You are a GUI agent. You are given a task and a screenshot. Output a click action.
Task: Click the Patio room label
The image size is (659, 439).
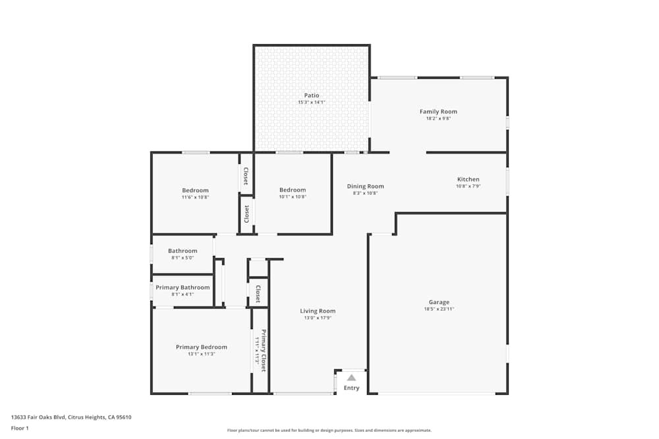coord(312,95)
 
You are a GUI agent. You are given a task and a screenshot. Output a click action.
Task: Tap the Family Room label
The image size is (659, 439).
coord(438,112)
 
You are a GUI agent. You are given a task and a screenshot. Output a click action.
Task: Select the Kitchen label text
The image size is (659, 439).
coord(469,179)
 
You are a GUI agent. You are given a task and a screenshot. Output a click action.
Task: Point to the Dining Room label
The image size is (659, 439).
coord(365,186)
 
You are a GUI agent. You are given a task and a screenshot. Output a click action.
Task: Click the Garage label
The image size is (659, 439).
coord(439,302)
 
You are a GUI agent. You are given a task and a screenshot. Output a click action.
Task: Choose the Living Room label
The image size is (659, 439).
coord(318,311)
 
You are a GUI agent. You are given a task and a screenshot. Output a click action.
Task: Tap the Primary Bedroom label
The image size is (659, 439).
coord(201,347)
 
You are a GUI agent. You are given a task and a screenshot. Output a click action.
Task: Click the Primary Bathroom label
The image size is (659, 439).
coord(183,288)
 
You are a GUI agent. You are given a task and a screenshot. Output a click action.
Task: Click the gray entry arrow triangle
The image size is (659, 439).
coord(352,378)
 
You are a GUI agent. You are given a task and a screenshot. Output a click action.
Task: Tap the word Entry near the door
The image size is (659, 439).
coord(352,388)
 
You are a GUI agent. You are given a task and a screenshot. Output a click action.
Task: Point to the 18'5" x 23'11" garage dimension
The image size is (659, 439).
coord(439,309)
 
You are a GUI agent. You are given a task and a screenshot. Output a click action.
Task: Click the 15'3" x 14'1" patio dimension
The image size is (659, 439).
coord(312,103)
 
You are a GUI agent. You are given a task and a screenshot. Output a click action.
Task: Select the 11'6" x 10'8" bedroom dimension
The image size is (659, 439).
coord(195,197)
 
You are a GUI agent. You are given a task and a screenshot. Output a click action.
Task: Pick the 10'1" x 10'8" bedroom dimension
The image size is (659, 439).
coord(293,197)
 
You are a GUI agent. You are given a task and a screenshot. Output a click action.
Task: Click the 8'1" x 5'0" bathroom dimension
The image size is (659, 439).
coord(183,257)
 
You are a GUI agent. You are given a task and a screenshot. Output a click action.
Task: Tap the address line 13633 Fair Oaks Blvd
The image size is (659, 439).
coord(71,417)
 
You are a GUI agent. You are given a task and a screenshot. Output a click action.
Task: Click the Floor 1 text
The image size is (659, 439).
coord(20,428)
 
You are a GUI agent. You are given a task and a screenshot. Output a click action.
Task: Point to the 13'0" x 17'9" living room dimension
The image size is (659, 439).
coord(318,318)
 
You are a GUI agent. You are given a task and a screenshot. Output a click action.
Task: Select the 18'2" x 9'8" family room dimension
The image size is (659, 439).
coord(438,119)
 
